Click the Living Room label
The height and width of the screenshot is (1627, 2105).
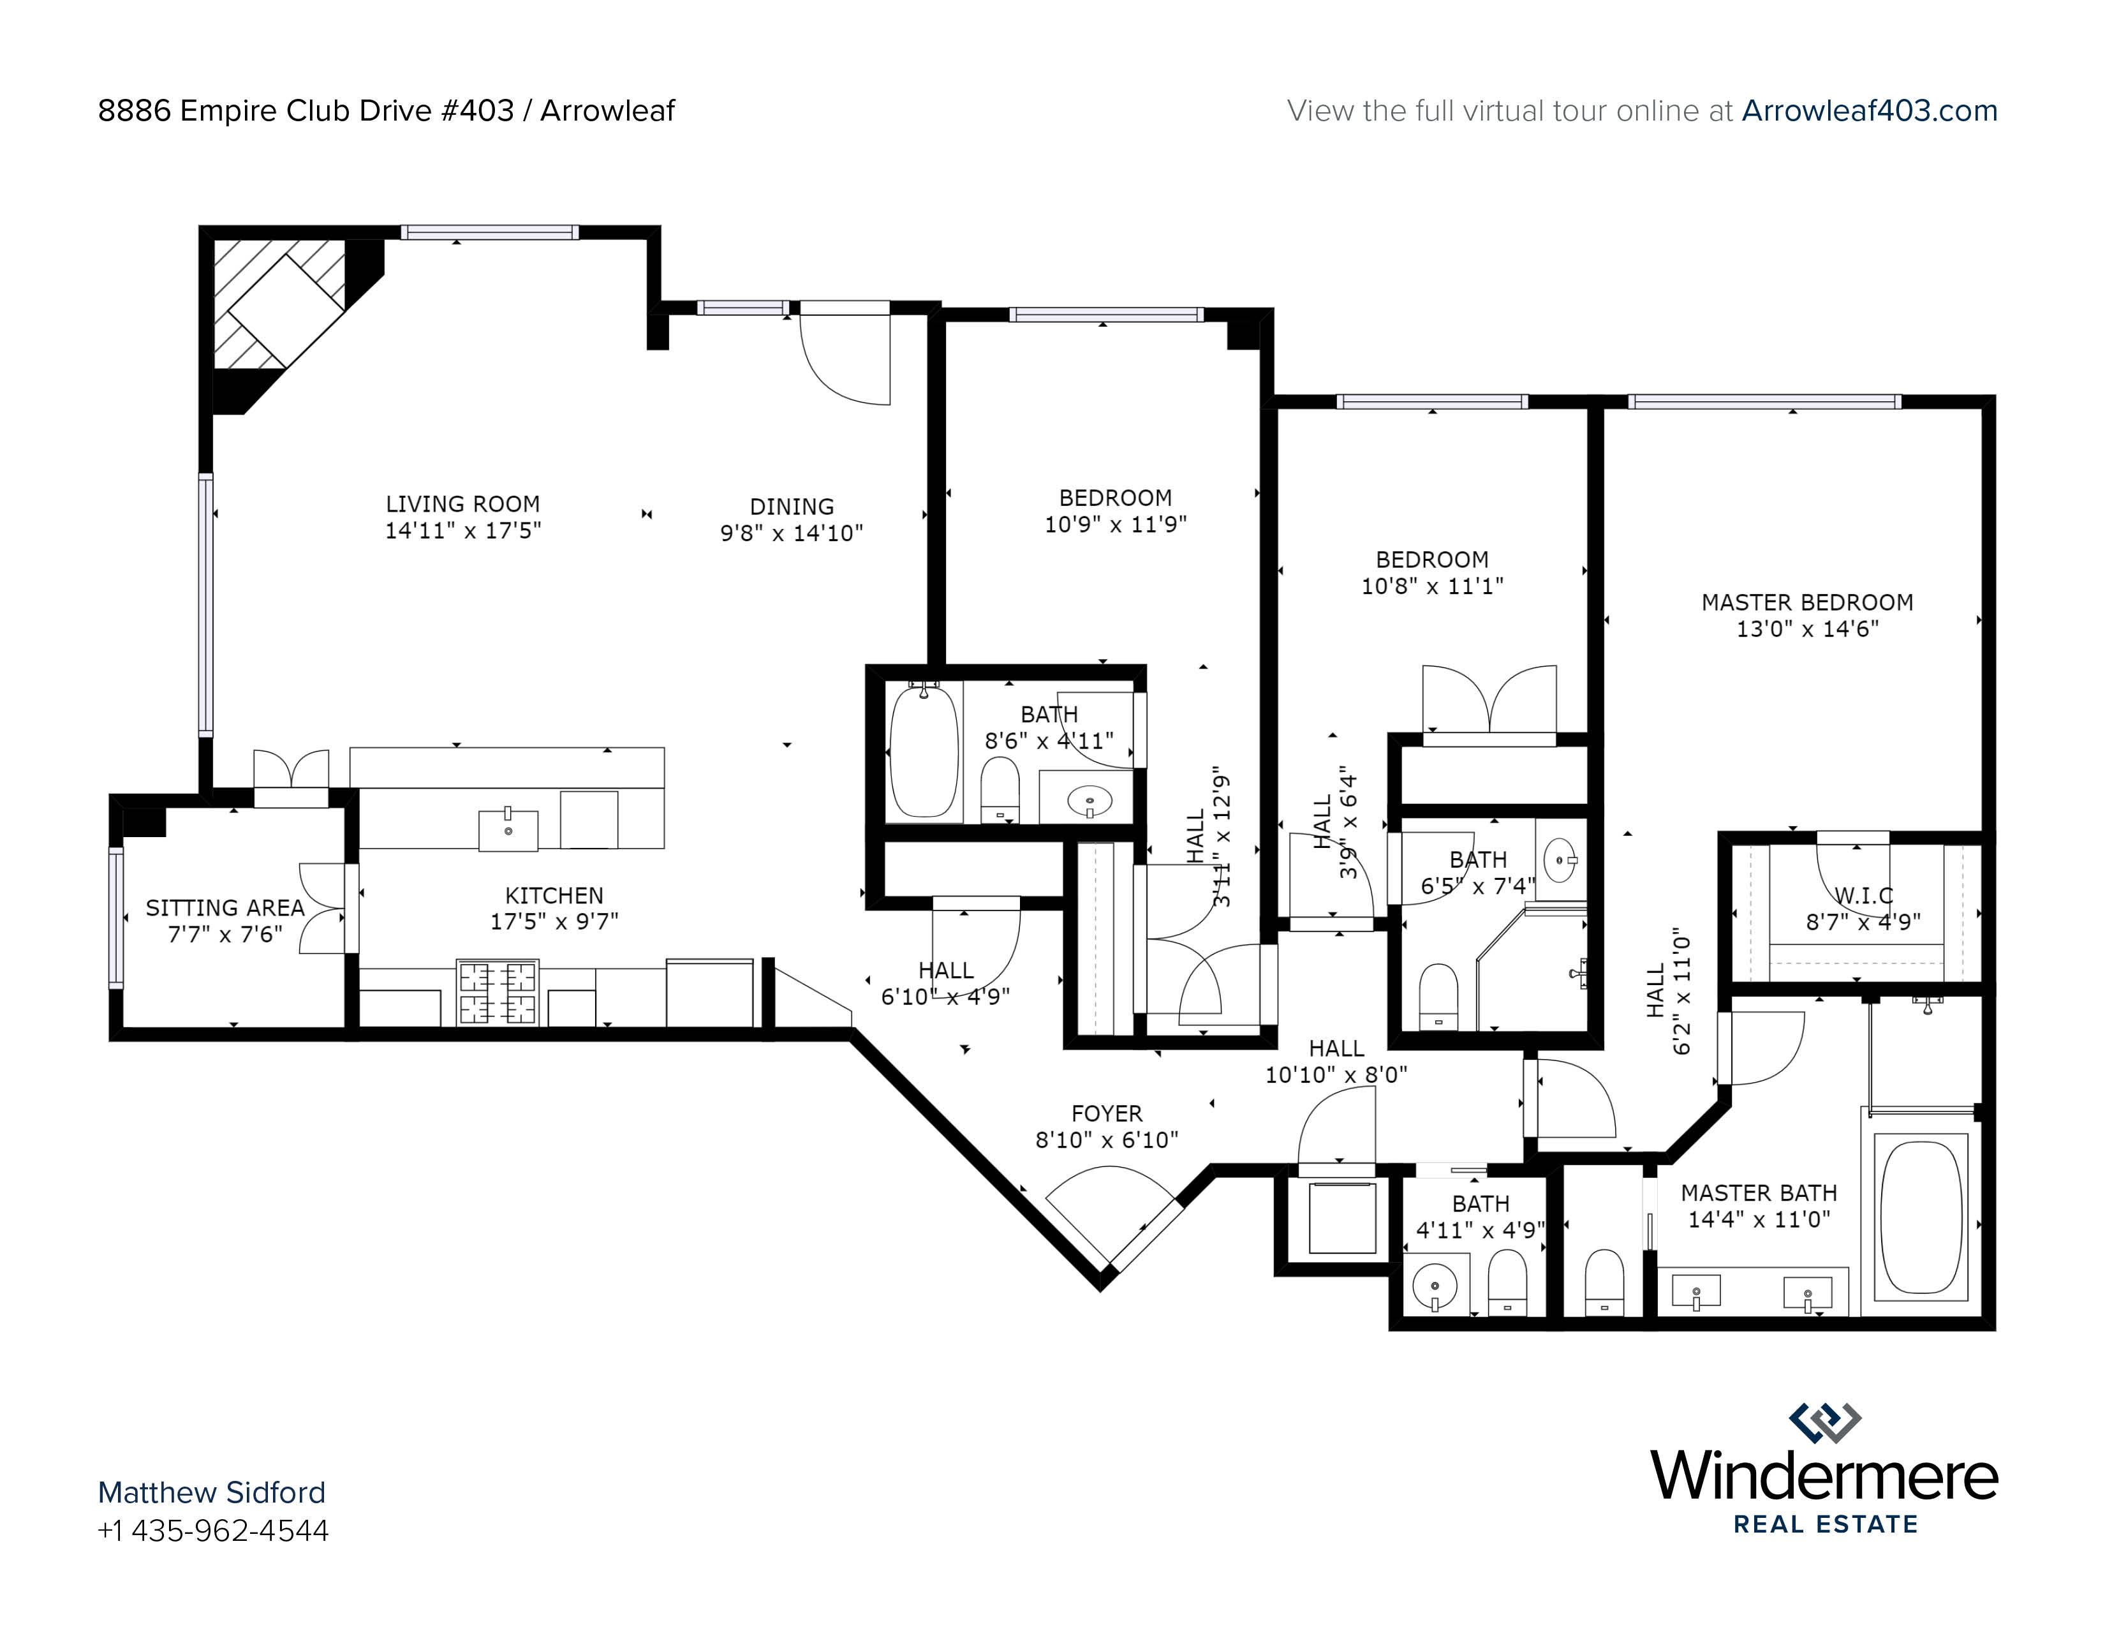462,504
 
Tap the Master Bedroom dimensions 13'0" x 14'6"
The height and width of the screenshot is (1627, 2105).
1807,628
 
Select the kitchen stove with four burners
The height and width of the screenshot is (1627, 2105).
498,993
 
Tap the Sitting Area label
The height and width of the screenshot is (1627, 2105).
225,908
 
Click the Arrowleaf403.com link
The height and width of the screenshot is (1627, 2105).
1869,111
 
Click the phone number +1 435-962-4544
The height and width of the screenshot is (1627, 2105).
213,1531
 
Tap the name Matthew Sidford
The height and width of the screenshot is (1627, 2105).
212,1492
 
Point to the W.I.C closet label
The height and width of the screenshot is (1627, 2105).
1863,895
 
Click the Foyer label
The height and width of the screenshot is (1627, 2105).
1107,1113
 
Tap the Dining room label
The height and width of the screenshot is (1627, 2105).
792,507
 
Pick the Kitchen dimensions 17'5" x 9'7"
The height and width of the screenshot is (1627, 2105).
554,921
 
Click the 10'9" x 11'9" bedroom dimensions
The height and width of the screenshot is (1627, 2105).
1115,524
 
